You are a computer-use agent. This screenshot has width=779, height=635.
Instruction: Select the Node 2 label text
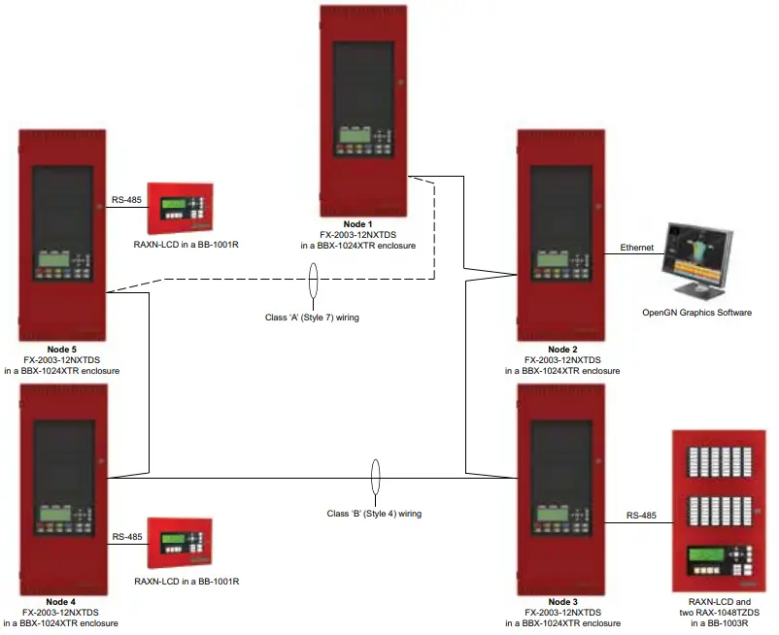coord(562,349)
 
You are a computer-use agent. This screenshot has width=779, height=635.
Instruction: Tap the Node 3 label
coord(562,602)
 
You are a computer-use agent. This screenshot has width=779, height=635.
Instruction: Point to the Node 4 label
coord(61,602)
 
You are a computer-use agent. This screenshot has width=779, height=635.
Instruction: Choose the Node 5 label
coord(61,349)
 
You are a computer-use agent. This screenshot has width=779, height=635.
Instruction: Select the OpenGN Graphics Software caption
coord(696,313)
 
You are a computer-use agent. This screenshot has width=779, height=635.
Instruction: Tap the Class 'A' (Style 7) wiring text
coord(313,317)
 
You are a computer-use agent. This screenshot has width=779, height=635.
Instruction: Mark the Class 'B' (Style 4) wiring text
coord(375,513)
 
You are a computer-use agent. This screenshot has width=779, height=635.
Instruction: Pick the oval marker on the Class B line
coord(376,478)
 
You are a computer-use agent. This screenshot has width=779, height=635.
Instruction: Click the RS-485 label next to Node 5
coord(127,200)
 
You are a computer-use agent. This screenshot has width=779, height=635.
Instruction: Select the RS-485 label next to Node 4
coord(127,536)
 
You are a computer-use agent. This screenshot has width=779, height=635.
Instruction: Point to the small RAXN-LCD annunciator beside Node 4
coord(180,542)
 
